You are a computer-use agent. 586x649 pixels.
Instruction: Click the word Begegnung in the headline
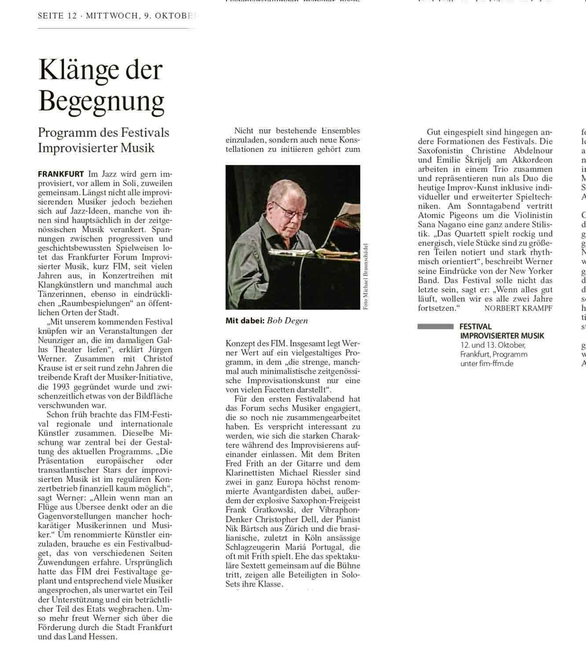pos(101,102)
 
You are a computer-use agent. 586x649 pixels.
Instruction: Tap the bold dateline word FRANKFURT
pos(61,174)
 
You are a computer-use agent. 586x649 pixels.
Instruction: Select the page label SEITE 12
pos(57,16)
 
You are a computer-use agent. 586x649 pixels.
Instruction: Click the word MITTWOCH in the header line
pos(112,16)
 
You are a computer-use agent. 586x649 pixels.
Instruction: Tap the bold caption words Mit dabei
pos(245,321)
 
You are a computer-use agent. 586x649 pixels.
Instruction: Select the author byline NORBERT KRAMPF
pos(518,308)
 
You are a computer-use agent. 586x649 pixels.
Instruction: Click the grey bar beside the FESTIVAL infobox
pos(435,326)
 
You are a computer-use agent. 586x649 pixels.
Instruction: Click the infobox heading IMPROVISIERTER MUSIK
pos(502,336)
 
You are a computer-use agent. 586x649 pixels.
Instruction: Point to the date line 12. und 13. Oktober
pos(493,345)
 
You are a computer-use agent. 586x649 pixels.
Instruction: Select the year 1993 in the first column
pos(60,387)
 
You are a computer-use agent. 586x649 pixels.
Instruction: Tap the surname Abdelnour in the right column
pos(532,150)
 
